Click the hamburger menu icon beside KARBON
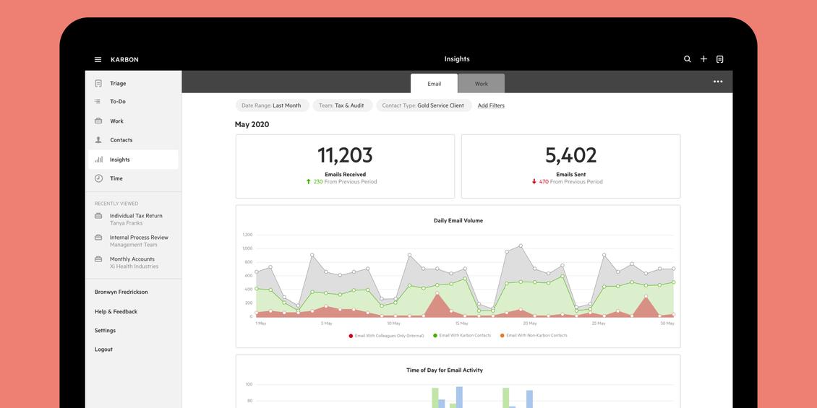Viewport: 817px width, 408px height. pyautogui.click(x=98, y=60)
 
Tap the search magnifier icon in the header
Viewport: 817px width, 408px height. pyautogui.click(x=688, y=59)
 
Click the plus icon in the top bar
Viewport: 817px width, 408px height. pyautogui.click(x=703, y=59)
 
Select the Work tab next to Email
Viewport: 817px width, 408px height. pyautogui.click(x=482, y=84)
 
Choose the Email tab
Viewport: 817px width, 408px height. pyautogui.click(x=434, y=84)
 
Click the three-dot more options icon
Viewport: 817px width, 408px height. pyautogui.click(x=718, y=82)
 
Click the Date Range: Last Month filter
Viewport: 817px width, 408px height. pyautogui.click(x=272, y=105)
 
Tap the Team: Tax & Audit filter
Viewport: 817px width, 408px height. pyautogui.click(x=342, y=105)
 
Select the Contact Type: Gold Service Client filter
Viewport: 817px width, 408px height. pyautogui.click(x=424, y=105)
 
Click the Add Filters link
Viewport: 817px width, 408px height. pyautogui.click(x=491, y=105)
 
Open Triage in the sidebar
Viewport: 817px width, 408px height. pyautogui.click(x=118, y=84)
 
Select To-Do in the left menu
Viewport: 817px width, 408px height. pyautogui.click(x=118, y=102)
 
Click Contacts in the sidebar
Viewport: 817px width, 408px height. pyautogui.click(x=121, y=140)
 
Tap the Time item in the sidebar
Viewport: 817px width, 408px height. pyautogui.click(x=116, y=178)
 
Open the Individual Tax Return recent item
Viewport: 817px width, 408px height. pyautogui.click(x=136, y=216)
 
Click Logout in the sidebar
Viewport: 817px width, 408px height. pyautogui.click(x=103, y=350)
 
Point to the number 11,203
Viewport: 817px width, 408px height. pyautogui.click(x=345, y=155)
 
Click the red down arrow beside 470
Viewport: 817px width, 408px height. pyautogui.click(x=534, y=182)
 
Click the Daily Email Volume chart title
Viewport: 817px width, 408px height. pyautogui.click(x=458, y=221)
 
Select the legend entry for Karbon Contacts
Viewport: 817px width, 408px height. pyautogui.click(x=463, y=336)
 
